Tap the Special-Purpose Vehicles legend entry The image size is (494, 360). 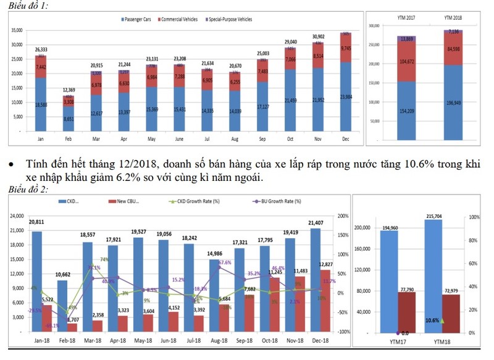pos(228,19)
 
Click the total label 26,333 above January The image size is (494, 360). pos(41,49)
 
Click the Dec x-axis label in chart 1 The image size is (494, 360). pos(346,140)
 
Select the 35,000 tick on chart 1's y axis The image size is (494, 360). pos(16,30)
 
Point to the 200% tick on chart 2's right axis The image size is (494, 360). pos(344,216)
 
